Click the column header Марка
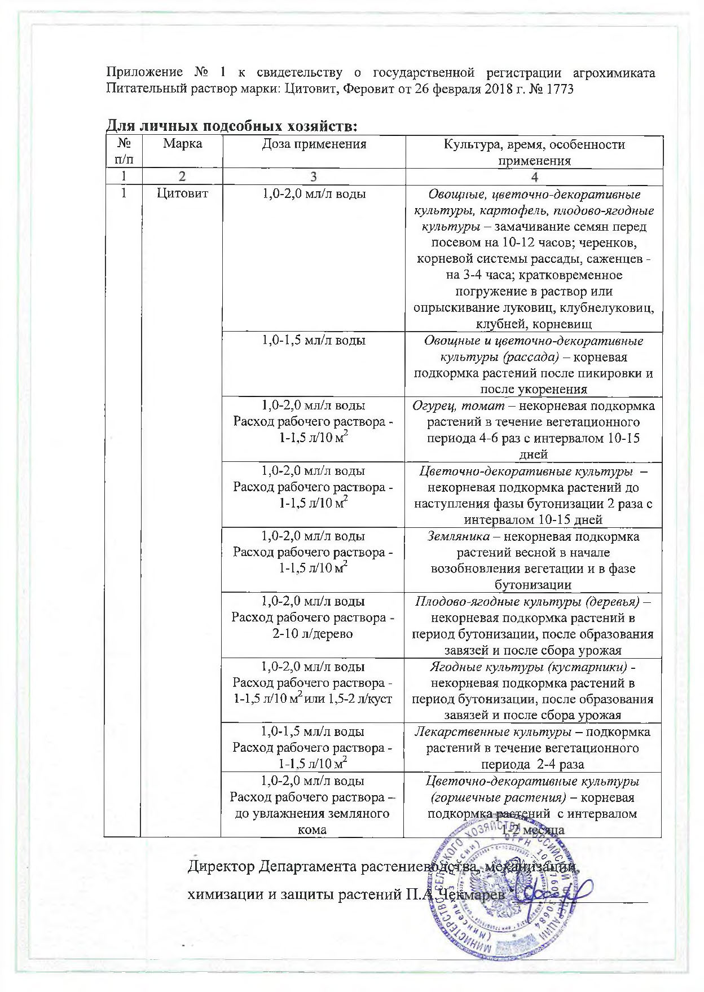183,144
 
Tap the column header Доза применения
314,144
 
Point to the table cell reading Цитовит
182,194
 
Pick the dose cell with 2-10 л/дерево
313,633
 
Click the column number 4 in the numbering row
534,177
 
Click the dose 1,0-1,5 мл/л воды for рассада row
313,340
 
